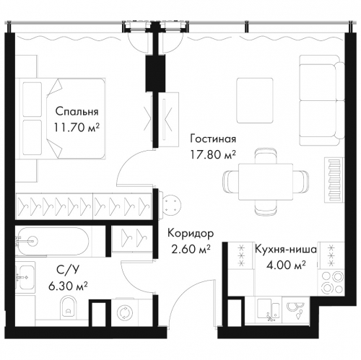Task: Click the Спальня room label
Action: point(77,112)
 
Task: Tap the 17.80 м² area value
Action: point(213,154)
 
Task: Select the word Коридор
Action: point(191,234)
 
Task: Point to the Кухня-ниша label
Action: point(286,250)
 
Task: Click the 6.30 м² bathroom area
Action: point(68,286)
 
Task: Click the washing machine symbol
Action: point(125,312)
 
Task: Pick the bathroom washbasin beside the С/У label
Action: point(25,277)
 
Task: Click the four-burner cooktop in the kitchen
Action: point(331,283)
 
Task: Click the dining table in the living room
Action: point(266,182)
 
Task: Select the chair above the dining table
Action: point(266,156)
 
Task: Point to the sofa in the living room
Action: point(322,100)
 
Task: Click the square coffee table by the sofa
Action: point(255,100)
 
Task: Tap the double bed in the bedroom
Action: point(64,118)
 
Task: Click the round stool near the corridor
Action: point(172,204)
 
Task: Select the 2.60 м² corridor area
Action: point(191,249)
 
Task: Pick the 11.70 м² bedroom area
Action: point(77,128)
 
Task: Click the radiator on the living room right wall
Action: point(334,179)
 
